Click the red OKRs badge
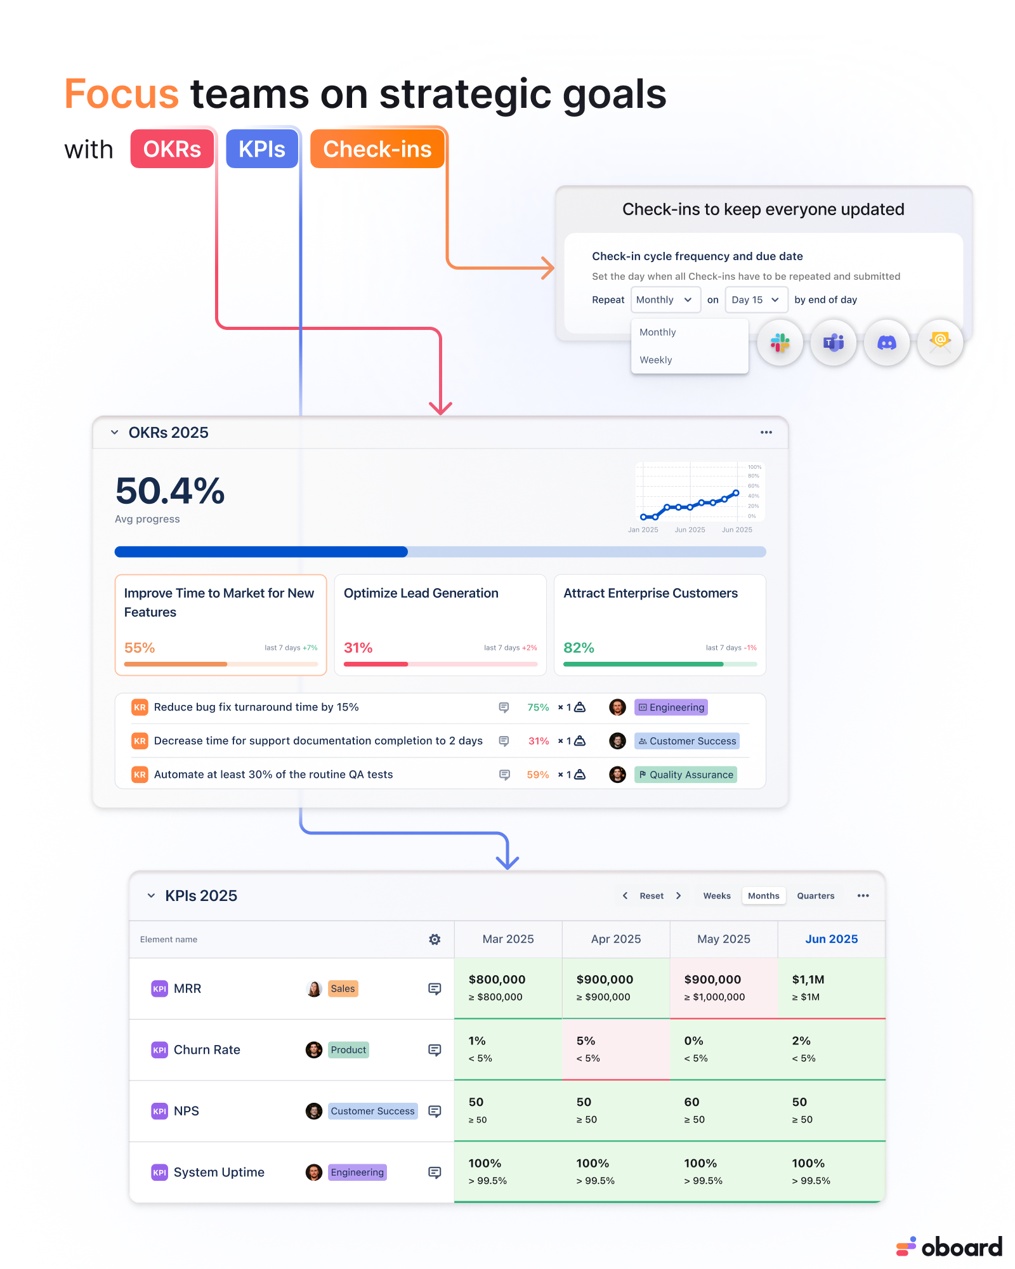(x=172, y=149)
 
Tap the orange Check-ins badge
(x=377, y=149)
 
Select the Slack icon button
(x=780, y=343)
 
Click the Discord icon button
(x=887, y=343)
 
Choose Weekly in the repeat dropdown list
(x=656, y=360)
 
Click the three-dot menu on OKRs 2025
(x=766, y=432)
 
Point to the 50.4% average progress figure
(x=170, y=491)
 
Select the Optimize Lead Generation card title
(x=421, y=593)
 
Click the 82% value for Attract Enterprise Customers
(x=579, y=648)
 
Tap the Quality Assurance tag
(x=686, y=775)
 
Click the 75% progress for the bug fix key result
(x=538, y=707)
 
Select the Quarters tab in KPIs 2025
(x=816, y=896)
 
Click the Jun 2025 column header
(x=832, y=939)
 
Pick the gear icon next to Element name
(x=435, y=939)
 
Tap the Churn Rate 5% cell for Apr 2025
(x=616, y=1049)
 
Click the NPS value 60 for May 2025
(x=691, y=1102)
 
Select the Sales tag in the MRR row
(x=343, y=989)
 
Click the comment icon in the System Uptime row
(x=435, y=1172)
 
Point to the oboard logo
(x=949, y=1247)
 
